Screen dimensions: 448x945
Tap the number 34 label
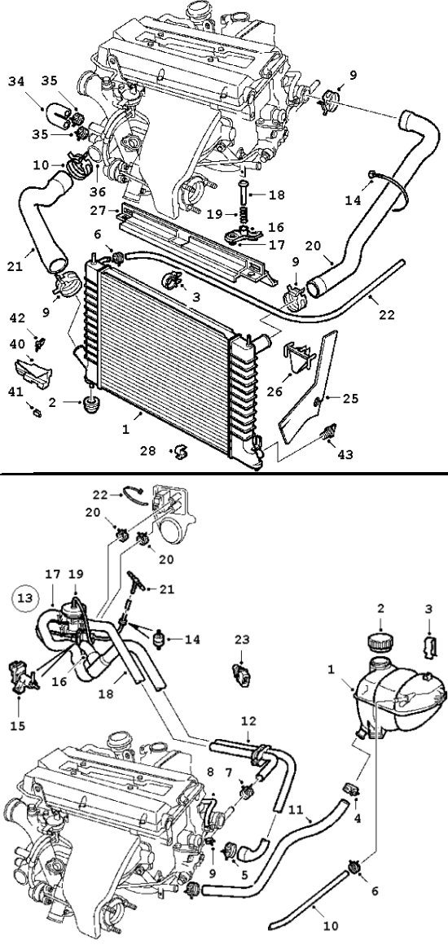(18, 81)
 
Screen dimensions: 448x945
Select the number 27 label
(97, 211)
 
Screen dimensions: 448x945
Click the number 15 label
(18, 726)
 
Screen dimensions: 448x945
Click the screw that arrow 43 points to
(329, 432)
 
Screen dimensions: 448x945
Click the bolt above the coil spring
(245, 191)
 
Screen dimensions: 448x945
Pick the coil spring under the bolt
(245, 214)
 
